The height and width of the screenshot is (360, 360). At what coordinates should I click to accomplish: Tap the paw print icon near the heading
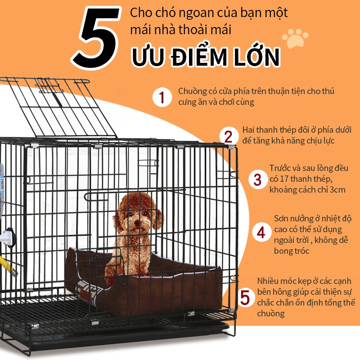(295, 38)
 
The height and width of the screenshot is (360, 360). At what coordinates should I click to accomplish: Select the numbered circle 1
(162, 97)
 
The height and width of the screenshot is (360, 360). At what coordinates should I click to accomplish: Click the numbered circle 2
(229, 136)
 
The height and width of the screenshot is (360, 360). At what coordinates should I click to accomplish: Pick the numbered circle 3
(257, 179)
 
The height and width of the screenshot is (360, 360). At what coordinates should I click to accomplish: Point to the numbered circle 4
(261, 232)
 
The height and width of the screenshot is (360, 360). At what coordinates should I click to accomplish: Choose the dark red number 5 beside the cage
(245, 297)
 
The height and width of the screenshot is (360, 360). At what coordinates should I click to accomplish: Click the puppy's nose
(137, 222)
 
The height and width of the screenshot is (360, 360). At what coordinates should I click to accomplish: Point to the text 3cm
(337, 189)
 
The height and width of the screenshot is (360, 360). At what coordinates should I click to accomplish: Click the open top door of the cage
(58, 107)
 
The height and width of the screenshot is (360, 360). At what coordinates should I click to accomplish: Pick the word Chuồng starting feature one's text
(193, 92)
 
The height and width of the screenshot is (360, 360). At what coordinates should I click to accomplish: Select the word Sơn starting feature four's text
(282, 218)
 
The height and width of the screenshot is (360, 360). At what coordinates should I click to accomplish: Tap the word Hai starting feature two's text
(248, 130)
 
